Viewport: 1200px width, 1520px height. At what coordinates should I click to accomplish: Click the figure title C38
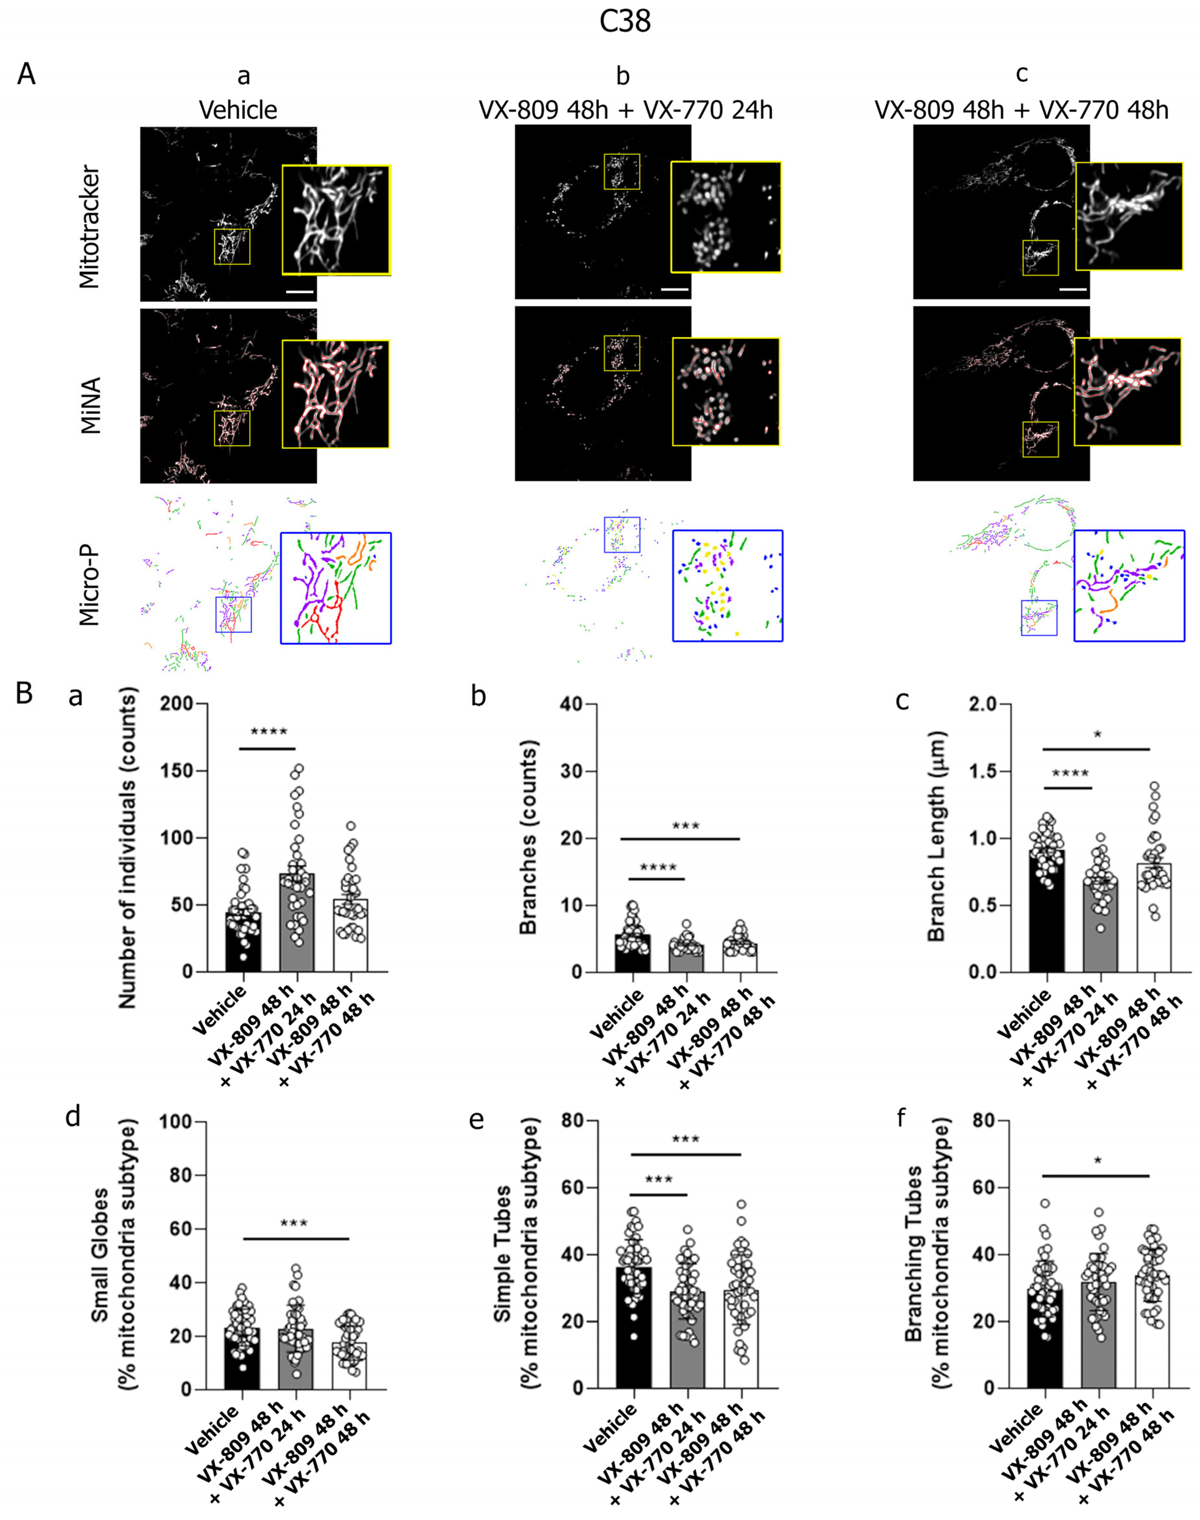point(625,22)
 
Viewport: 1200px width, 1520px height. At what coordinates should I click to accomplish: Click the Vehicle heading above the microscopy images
point(238,110)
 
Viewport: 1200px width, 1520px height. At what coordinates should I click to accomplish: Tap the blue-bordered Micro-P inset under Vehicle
point(335,588)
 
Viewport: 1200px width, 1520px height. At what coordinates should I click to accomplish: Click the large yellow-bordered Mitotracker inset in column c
point(1128,216)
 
